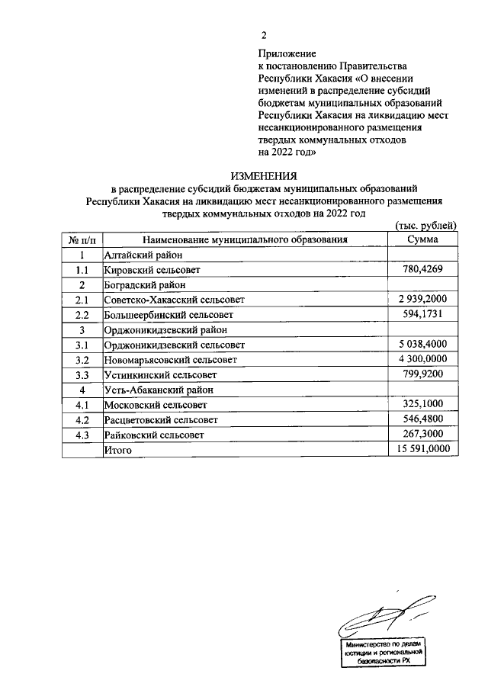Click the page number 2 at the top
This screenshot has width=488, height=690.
[264, 35]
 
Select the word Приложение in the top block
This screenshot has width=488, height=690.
[286, 53]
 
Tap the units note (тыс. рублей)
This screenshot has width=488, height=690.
[425, 225]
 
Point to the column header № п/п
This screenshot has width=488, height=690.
[81, 239]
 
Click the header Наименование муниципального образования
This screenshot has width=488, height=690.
[244, 239]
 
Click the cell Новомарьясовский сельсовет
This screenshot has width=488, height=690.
[170, 360]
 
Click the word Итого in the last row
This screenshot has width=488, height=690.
[118, 451]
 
